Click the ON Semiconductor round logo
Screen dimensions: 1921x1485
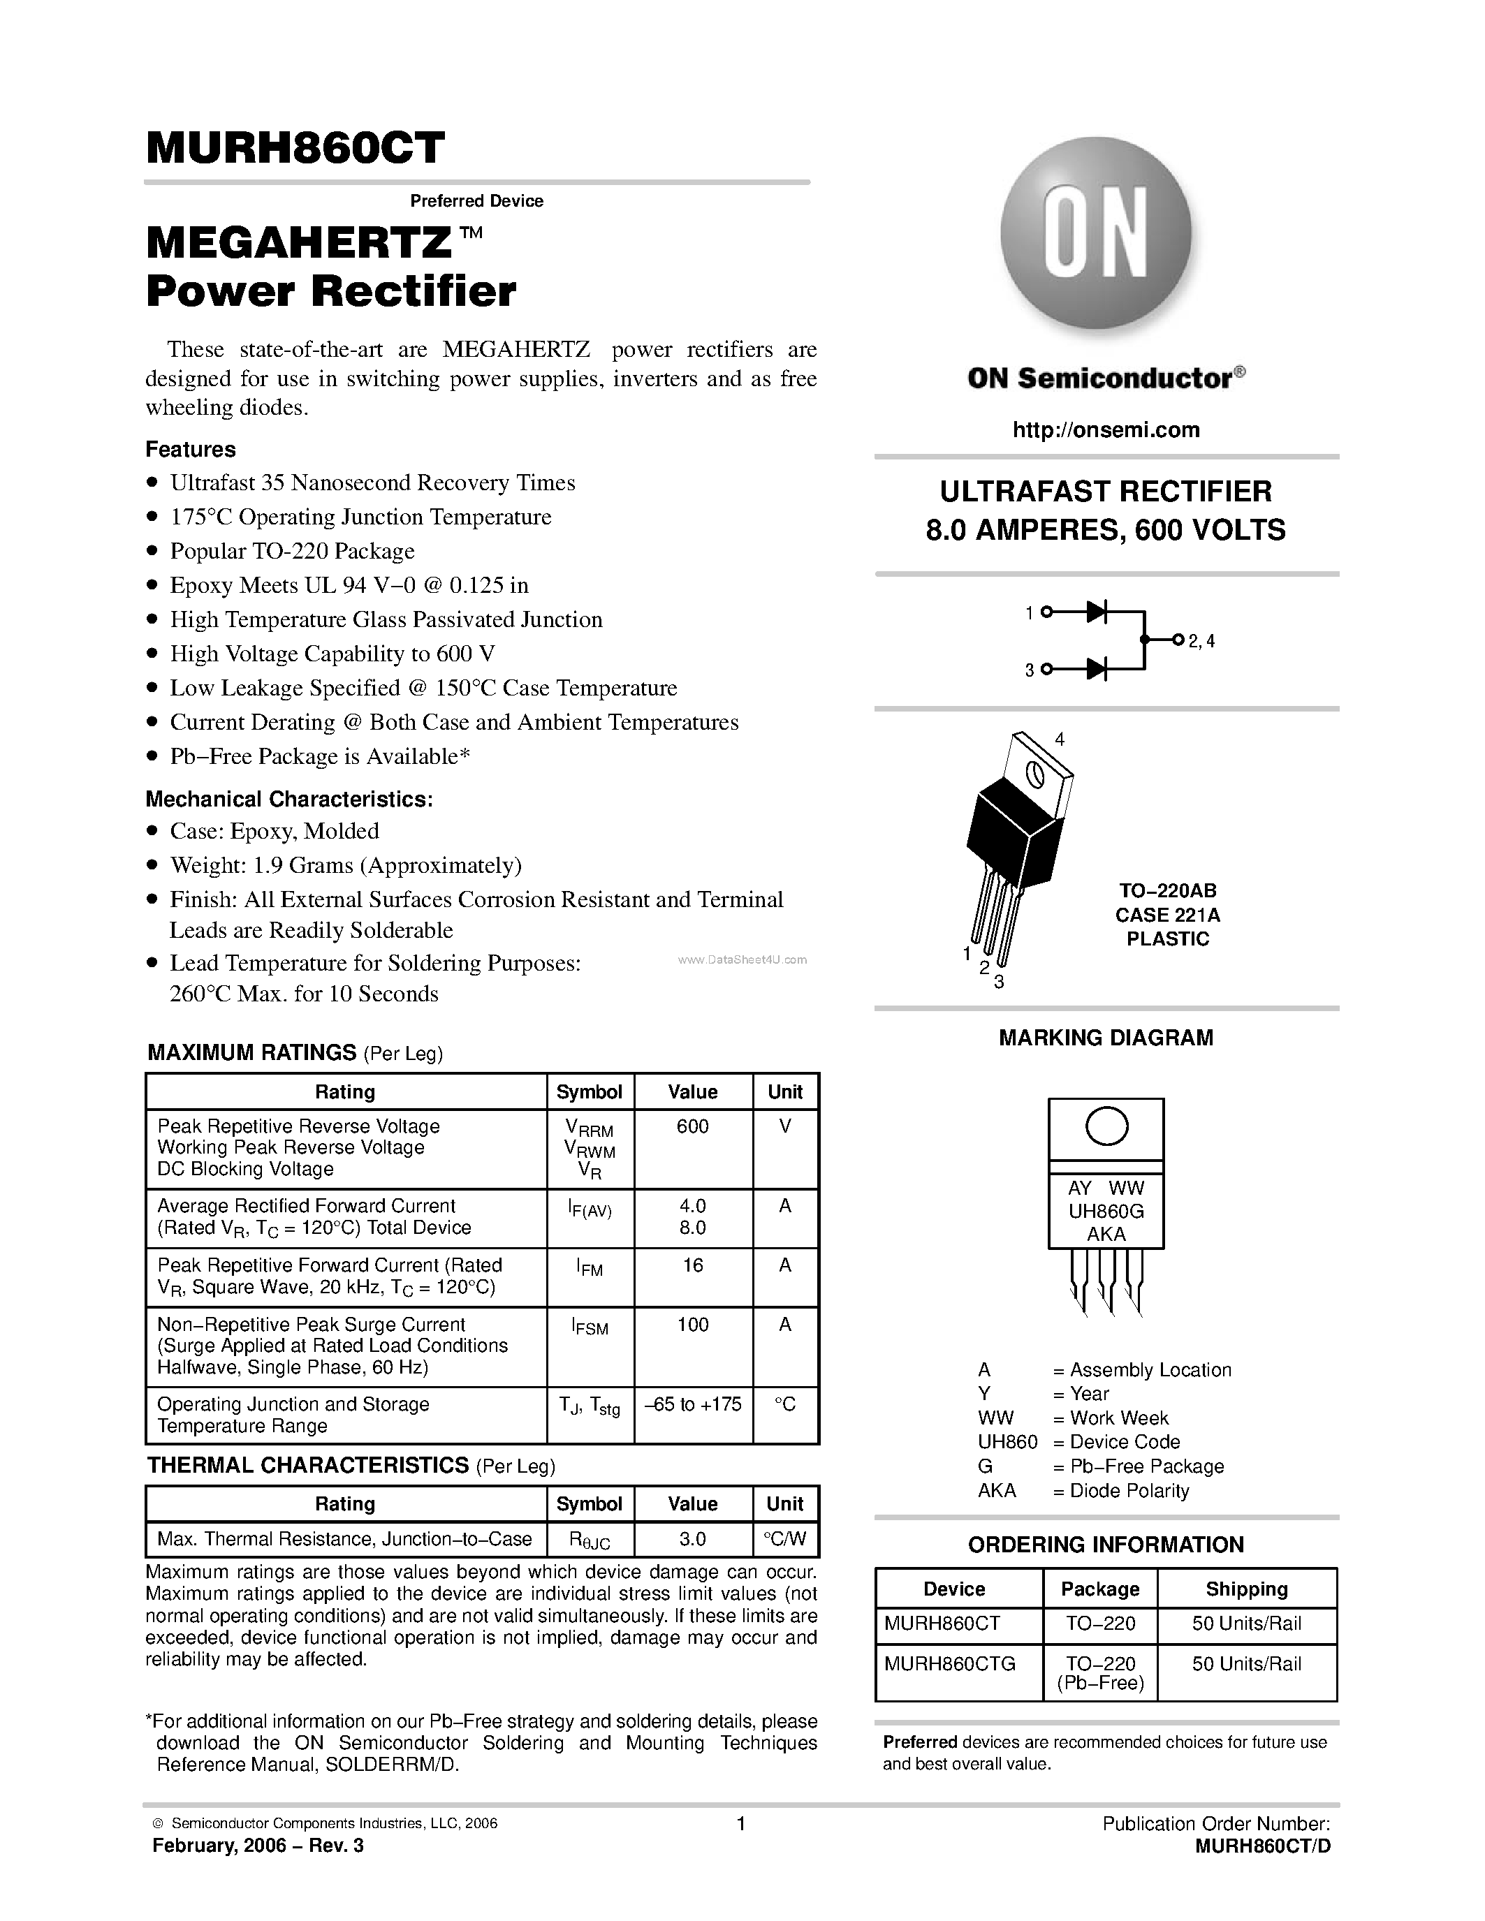(x=1096, y=233)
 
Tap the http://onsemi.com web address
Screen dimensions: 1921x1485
(x=1106, y=430)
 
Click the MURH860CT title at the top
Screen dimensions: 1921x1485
(x=295, y=148)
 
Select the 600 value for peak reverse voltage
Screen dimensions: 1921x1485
(x=692, y=1127)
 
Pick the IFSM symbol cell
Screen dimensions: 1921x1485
(x=590, y=1327)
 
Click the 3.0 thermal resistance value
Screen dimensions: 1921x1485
(x=692, y=1539)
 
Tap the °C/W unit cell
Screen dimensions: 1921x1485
(x=784, y=1539)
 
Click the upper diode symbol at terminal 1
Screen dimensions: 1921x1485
(x=1096, y=612)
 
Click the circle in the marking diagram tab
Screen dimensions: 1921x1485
(x=1106, y=1127)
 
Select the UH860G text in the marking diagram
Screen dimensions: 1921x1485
(x=1106, y=1211)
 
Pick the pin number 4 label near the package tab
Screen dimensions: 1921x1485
(x=1060, y=739)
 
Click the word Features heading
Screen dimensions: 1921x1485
(x=191, y=450)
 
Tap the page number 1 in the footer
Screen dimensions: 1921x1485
(x=740, y=1824)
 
